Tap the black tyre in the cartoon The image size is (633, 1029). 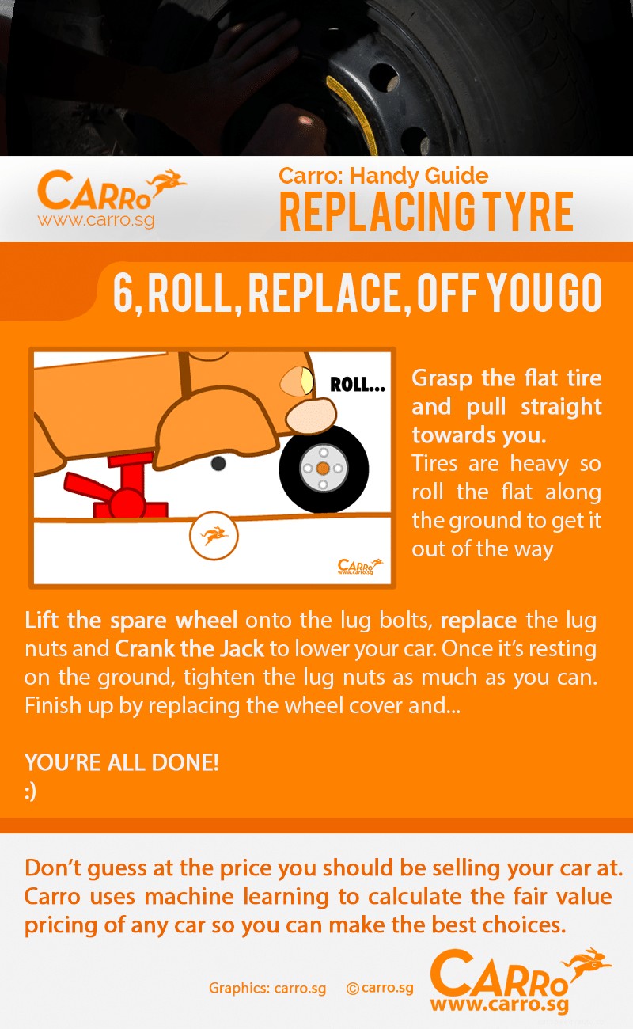(x=323, y=469)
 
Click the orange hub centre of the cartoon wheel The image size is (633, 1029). (x=323, y=469)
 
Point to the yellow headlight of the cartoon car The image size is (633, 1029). (x=302, y=383)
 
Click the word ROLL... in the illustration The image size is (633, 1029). (x=358, y=385)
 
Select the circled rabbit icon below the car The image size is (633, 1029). (x=214, y=537)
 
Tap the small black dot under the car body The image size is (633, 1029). (x=218, y=463)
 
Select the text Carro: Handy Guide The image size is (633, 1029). (x=383, y=176)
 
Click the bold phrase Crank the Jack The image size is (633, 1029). (x=188, y=649)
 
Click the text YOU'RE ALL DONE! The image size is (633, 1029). (x=121, y=763)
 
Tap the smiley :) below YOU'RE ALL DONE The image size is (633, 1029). (x=31, y=792)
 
